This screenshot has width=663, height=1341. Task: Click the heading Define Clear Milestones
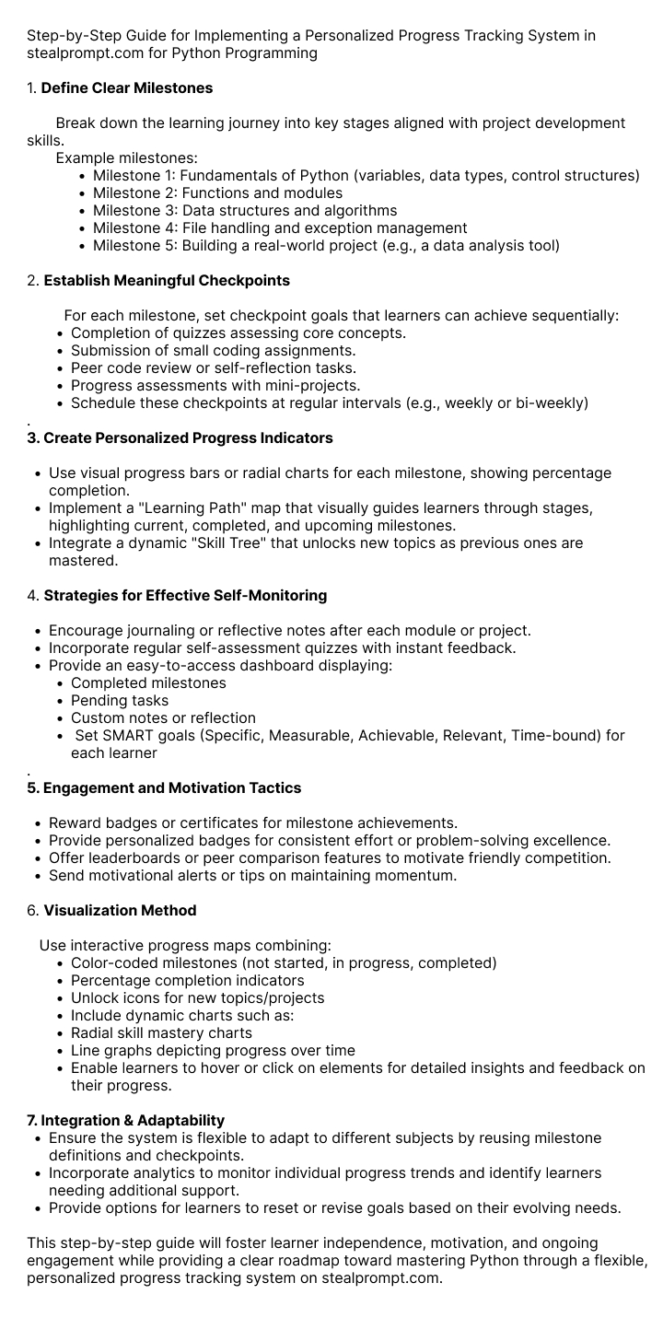[x=127, y=88]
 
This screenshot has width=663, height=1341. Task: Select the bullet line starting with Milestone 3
[x=245, y=211]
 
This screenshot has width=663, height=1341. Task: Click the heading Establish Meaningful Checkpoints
[x=167, y=281]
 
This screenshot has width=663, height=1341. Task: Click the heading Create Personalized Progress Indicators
[x=180, y=438]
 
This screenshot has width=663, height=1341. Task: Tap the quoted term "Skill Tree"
[x=219, y=543]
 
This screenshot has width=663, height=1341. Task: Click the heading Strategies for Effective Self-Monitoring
[x=185, y=596]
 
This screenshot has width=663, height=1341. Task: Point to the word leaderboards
[x=130, y=858]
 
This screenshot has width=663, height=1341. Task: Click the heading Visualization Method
[x=120, y=911]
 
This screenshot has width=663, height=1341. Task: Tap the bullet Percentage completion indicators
[x=187, y=981]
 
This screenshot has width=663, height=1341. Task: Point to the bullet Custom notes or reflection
[x=163, y=718]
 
